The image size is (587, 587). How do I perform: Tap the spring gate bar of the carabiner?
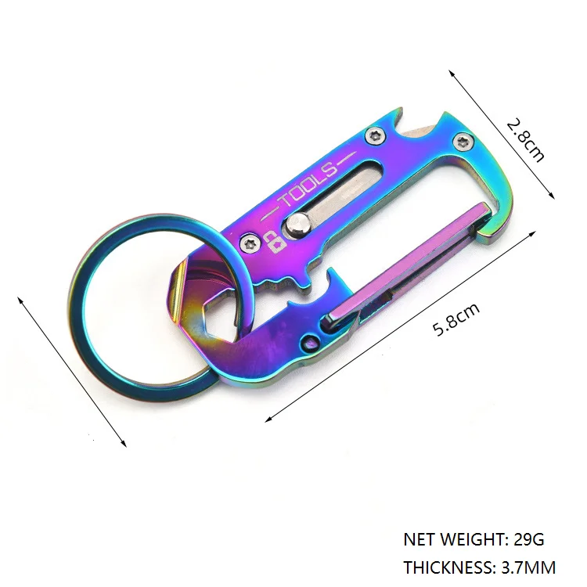click(407, 262)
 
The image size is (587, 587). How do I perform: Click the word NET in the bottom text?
click(419, 539)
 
